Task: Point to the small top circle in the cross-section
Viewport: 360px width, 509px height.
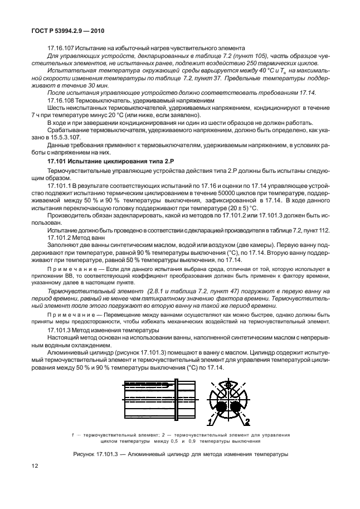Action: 227,385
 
